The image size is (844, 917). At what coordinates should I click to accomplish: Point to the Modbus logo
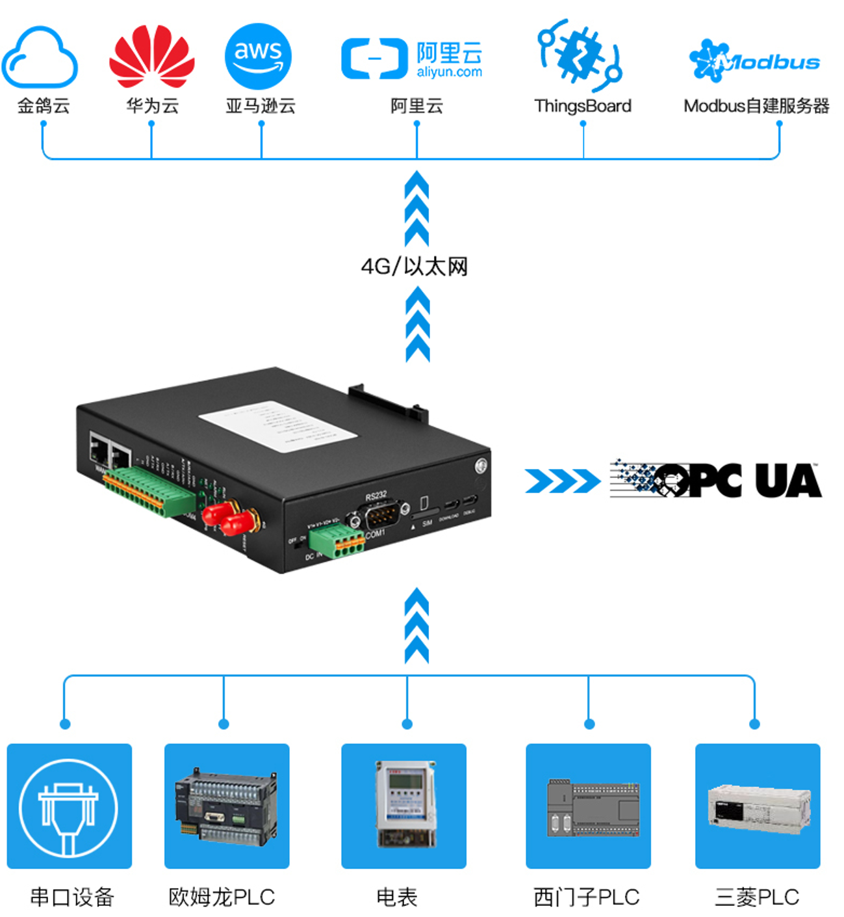point(754,62)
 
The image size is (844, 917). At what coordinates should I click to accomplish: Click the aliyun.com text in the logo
point(449,72)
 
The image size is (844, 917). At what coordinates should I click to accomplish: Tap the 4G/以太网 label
point(415,266)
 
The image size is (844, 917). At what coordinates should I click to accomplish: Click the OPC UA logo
point(715,480)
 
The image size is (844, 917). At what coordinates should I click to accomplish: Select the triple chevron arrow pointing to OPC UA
point(561,481)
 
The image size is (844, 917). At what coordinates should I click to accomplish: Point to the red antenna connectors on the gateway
point(231,518)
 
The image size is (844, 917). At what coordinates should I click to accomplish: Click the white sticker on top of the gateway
point(277,426)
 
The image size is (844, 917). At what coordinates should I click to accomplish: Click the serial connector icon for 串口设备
point(69,806)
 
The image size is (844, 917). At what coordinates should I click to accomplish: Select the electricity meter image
point(404,805)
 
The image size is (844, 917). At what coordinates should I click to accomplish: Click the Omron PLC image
point(226,806)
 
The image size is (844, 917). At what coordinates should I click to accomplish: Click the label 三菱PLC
point(756,897)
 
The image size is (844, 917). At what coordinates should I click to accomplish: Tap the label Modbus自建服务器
point(756,106)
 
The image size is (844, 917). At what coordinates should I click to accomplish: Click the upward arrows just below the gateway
point(416,626)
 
